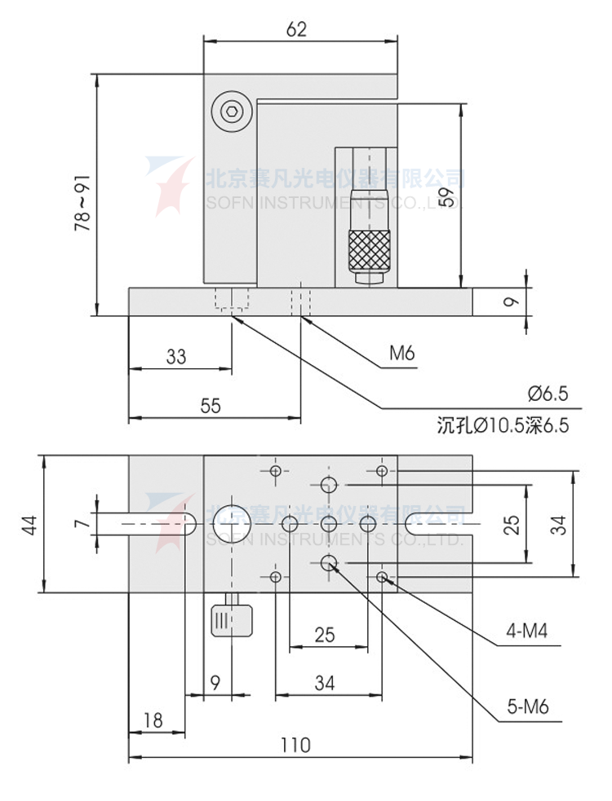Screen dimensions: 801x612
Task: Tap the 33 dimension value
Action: tap(175, 356)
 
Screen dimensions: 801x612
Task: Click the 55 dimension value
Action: tap(211, 406)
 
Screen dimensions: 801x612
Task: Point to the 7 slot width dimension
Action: tap(80, 523)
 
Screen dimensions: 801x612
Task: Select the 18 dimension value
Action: tap(153, 720)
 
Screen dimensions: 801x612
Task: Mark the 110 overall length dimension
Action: tap(295, 744)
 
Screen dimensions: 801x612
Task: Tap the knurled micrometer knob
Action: tap(369, 251)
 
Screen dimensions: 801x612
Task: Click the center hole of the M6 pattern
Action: tap(330, 522)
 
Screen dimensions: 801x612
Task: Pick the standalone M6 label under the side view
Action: tap(401, 354)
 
